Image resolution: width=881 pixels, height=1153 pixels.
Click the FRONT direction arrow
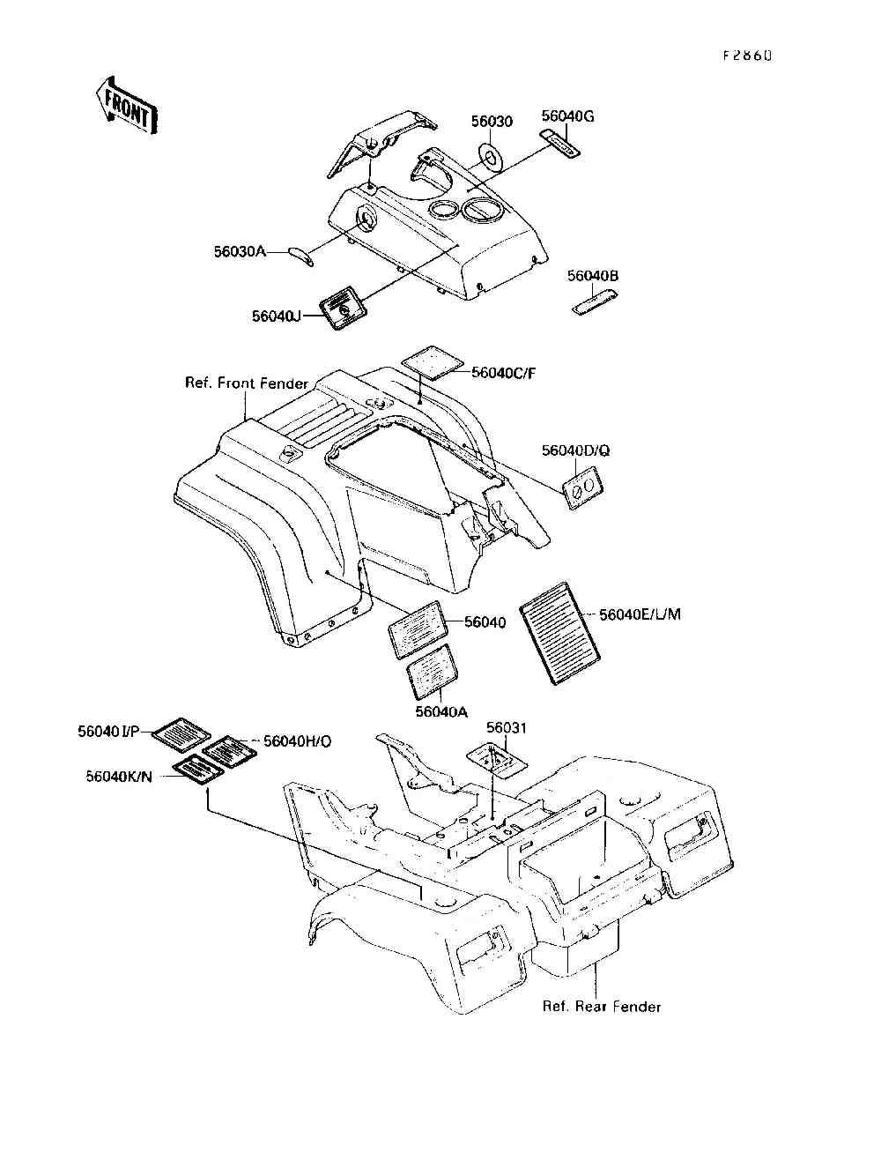[x=124, y=105]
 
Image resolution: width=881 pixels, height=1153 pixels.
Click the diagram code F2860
[x=747, y=55]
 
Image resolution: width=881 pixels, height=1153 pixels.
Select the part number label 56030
[x=492, y=122]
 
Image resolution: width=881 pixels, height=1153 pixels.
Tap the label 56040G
[x=567, y=115]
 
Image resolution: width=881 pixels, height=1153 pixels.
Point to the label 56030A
[x=239, y=251]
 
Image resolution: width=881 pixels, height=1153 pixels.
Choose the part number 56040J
[x=277, y=315]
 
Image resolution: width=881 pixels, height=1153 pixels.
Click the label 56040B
[x=593, y=276]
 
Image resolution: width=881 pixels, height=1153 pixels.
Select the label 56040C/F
[x=503, y=373]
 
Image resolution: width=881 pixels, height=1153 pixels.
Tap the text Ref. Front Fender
[x=247, y=383]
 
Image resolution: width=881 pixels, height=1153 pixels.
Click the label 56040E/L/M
[x=640, y=614]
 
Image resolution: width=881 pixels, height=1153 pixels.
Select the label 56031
[x=506, y=727]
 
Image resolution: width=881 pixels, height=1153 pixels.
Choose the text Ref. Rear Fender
[x=602, y=1007]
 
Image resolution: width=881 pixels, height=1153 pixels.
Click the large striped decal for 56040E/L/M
[x=560, y=629]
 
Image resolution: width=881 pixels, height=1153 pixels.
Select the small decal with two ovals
[x=582, y=487]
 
